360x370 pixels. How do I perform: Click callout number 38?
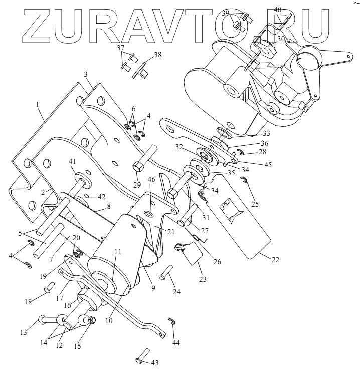(x=158, y=54)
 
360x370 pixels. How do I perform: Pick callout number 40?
(x=277, y=10)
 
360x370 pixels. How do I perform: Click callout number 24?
(x=177, y=291)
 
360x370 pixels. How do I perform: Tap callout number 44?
(x=175, y=343)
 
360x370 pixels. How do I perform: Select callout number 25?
(x=255, y=205)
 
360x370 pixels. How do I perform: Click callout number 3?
(x=86, y=74)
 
